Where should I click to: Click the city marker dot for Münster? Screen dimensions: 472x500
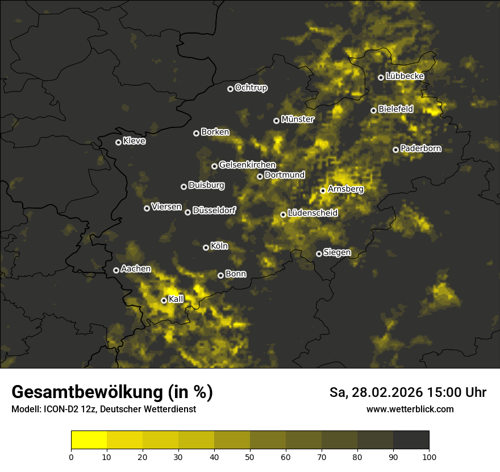click(x=277, y=121)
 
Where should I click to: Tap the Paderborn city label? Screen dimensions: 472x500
click(x=420, y=148)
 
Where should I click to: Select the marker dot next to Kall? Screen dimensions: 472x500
click(x=164, y=300)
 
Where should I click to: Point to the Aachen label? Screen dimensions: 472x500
click(x=136, y=269)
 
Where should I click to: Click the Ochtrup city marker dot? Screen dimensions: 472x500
click(x=230, y=89)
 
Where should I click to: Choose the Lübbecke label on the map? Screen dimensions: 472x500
click(x=405, y=76)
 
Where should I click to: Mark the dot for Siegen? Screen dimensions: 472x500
click(x=319, y=254)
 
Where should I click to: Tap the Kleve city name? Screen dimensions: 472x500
click(x=134, y=141)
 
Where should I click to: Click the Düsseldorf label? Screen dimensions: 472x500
click(x=214, y=210)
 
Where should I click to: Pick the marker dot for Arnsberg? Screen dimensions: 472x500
click(x=323, y=191)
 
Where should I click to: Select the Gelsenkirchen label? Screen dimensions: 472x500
click(x=247, y=165)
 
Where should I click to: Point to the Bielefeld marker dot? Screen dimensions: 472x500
click(x=373, y=110)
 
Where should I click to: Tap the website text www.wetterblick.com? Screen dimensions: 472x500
click(x=410, y=409)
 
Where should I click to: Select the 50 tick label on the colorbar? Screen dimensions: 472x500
click(x=250, y=457)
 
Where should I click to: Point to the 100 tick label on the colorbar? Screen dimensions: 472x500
click(x=428, y=457)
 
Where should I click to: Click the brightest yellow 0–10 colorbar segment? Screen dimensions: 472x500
click(x=89, y=440)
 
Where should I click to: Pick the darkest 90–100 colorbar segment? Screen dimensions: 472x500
click(x=411, y=440)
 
